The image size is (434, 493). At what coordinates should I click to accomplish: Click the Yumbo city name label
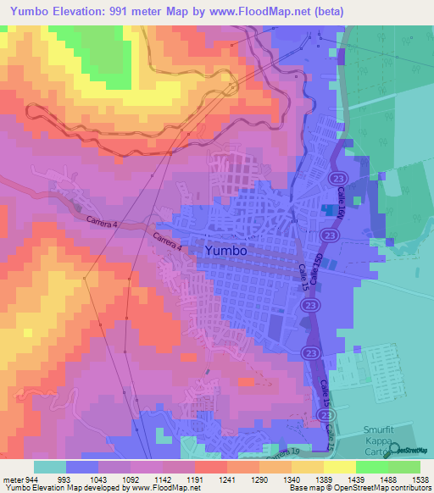[x=225, y=251]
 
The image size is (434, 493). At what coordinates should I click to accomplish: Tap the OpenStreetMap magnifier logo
[x=398, y=451]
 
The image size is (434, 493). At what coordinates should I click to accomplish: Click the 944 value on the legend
[x=31, y=479]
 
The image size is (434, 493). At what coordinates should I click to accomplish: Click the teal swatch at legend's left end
[x=50, y=467]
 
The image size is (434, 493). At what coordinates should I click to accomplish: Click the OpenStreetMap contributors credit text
[x=386, y=488]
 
